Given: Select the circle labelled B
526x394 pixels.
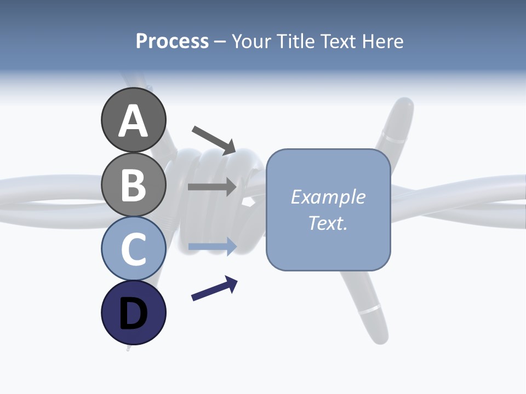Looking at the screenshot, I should pos(133,184).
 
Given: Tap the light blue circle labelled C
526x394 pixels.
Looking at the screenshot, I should pos(133,248).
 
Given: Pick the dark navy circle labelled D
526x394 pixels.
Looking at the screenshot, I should pos(133,312).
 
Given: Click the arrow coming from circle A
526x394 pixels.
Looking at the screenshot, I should pos(214,140).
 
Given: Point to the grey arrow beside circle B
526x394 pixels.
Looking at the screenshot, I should pos(212,187).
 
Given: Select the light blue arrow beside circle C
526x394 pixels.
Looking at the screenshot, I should pos(212,246).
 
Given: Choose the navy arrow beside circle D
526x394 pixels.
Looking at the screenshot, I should pos(214,288).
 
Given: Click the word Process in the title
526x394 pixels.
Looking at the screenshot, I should pos(172,41).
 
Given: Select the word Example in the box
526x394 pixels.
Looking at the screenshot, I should pos(328,197).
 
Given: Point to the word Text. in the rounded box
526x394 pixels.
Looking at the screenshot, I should pos(328,223).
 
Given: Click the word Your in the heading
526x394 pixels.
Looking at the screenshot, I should pos(251,41).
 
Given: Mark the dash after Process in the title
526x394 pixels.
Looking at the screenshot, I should pos(220,42).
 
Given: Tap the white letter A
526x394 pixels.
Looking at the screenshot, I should pos(133,120).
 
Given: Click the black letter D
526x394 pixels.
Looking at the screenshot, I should pos(133,314).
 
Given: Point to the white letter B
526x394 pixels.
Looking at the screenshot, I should pos(133,185).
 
